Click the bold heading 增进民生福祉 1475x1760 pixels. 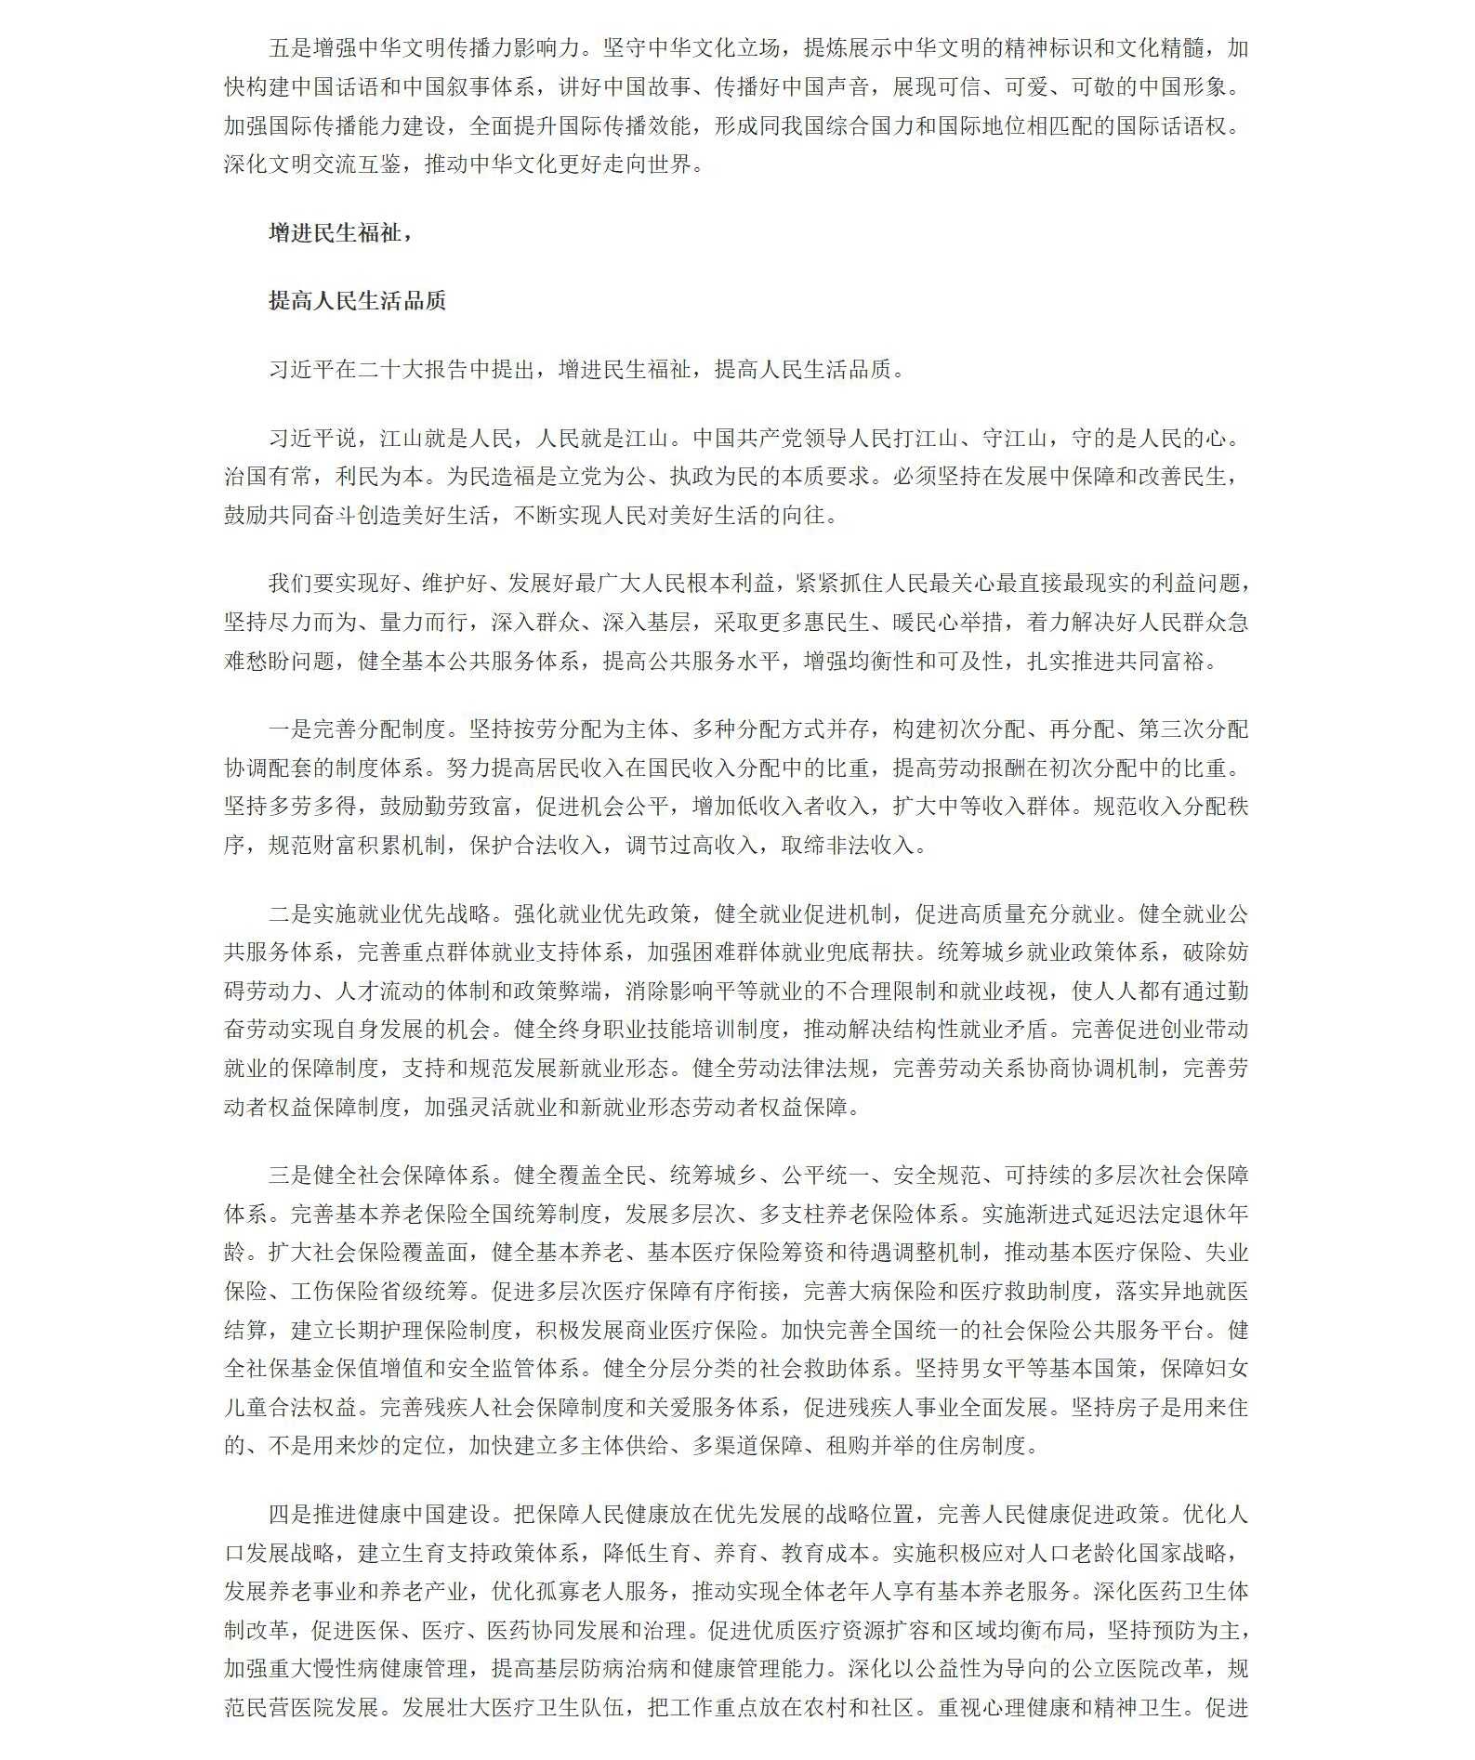(335, 232)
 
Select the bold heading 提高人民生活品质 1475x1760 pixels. (357, 300)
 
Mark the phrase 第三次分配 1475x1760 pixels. (1192, 729)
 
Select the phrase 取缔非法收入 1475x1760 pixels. (847, 846)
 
